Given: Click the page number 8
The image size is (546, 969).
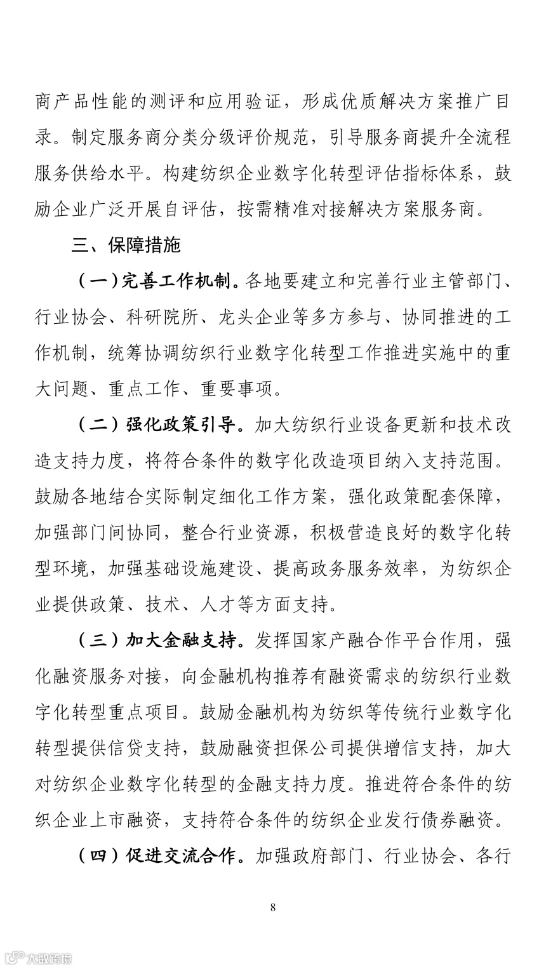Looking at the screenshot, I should [273, 907].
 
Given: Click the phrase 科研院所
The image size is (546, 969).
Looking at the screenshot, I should [164, 317].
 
